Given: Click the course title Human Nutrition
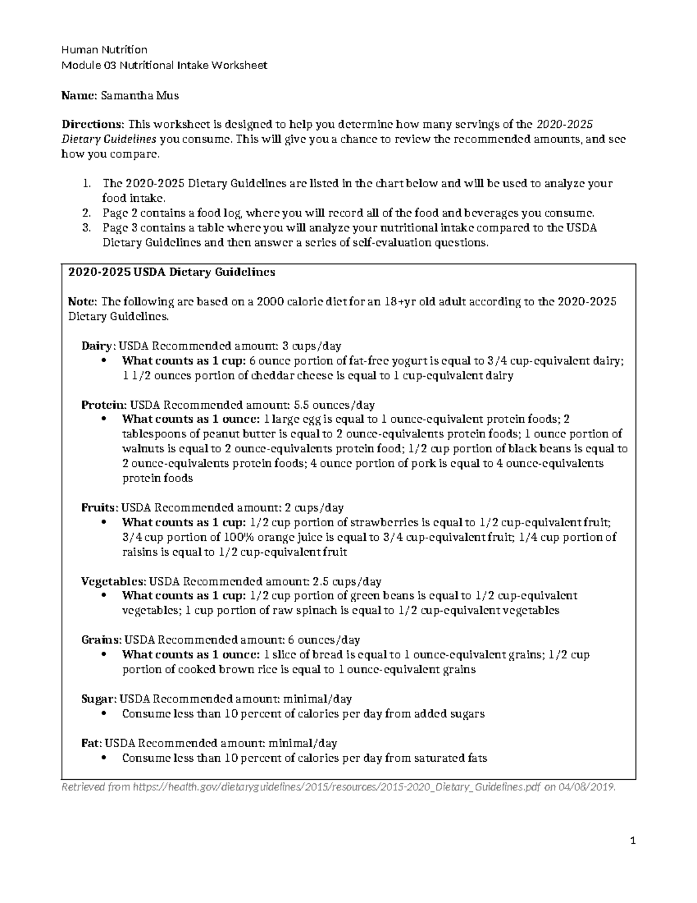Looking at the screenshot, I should coord(105,49).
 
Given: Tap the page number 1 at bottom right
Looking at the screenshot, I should coord(633,841).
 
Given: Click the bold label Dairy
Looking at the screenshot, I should coord(96,346).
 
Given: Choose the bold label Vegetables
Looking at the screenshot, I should coord(113,581).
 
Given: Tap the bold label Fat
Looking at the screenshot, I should coord(91,743).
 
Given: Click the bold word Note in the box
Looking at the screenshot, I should coord(82,302).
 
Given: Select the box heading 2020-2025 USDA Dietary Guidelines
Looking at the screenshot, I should coord(171,272).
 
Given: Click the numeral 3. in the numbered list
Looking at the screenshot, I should coord(87,228).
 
